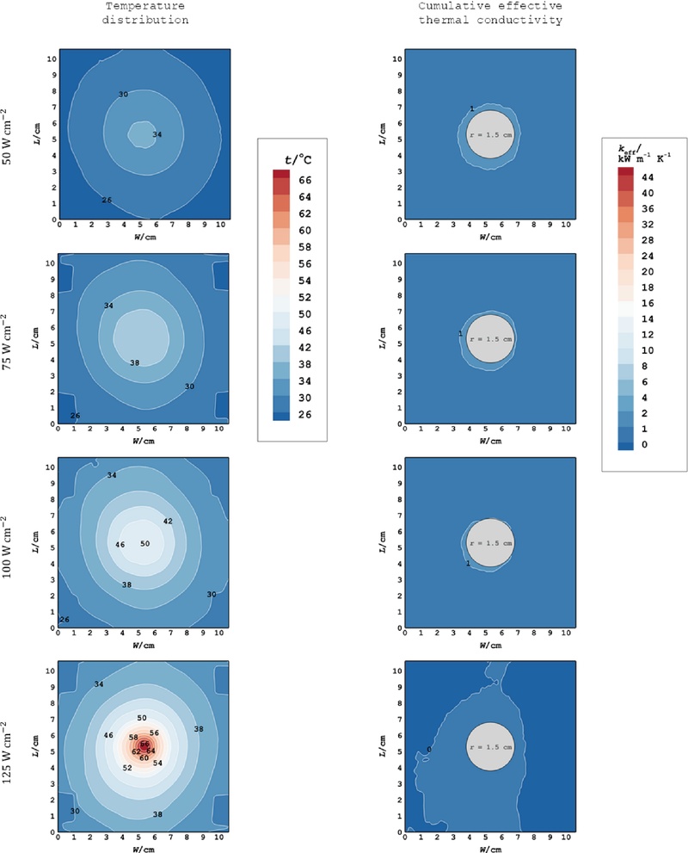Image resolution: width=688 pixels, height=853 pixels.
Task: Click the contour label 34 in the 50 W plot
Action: point(157,134)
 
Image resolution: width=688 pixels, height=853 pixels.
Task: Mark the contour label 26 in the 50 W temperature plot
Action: point(107,200)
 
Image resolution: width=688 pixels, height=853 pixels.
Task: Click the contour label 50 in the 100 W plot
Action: point(144,544)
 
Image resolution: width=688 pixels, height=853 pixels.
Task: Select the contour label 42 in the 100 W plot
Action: point(168,522)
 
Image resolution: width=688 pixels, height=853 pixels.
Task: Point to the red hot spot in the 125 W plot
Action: point(145,745)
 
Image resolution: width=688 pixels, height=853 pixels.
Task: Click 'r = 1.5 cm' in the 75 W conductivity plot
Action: point(490,339)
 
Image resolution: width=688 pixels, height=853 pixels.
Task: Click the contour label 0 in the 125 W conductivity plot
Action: point(428,749)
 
